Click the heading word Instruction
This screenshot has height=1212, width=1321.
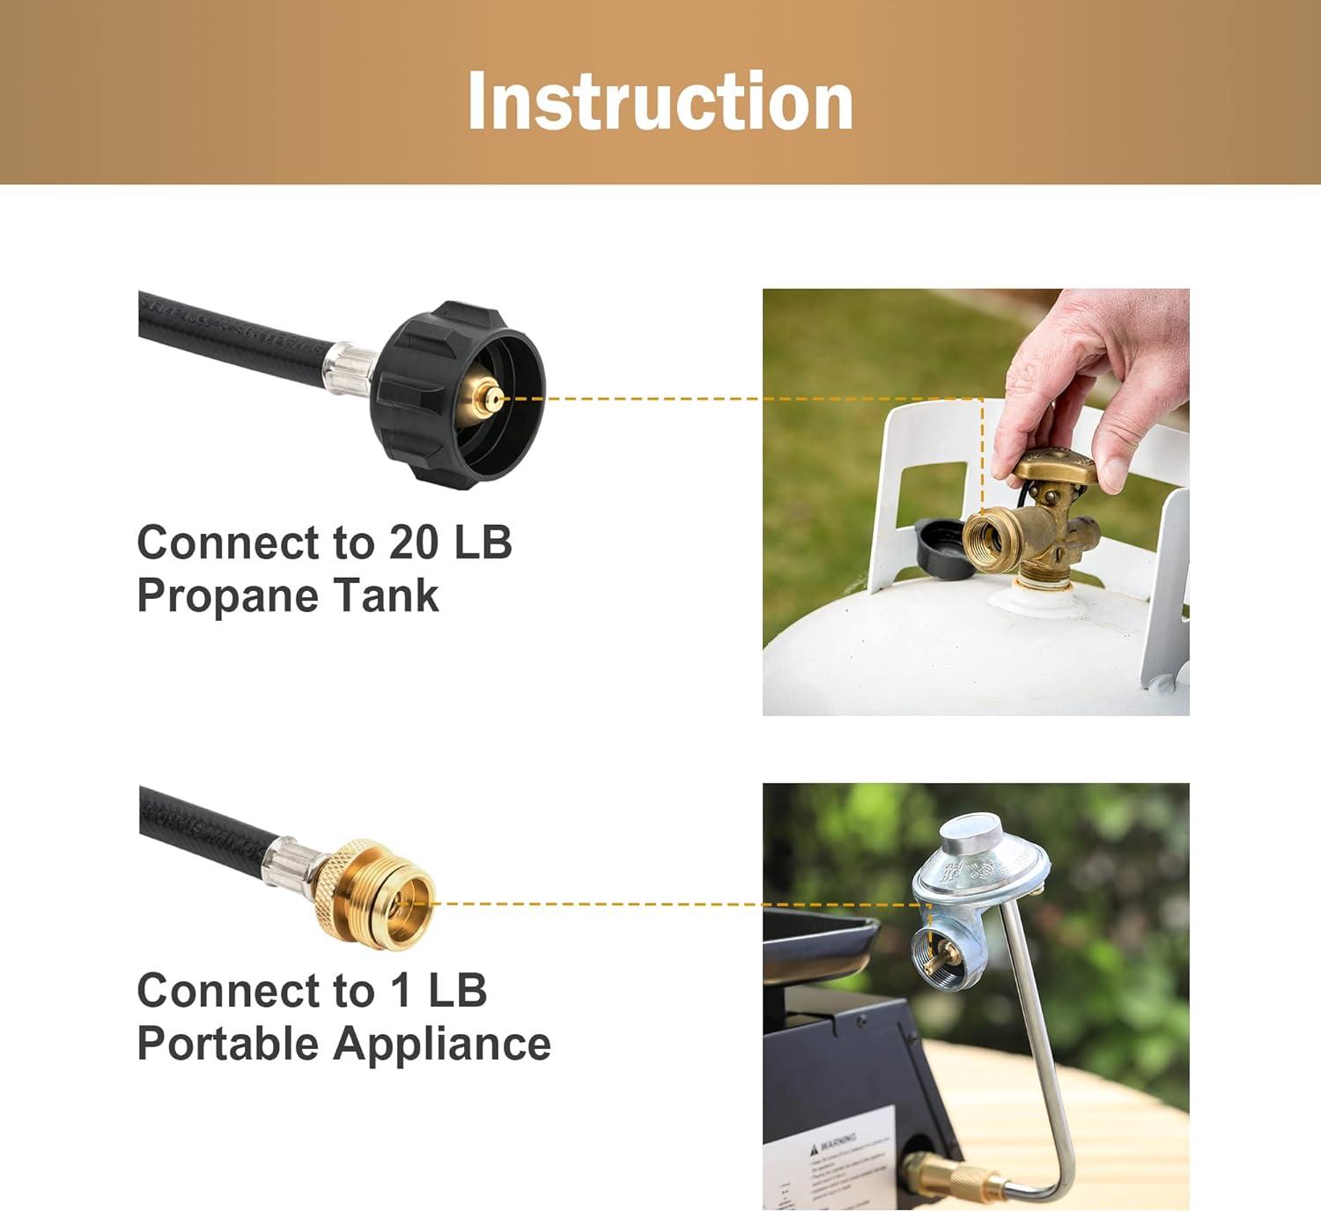pyautogui.click(x=660, y=101)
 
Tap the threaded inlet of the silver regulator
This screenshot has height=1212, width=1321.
pyautogui.click(x=934, y=953)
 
